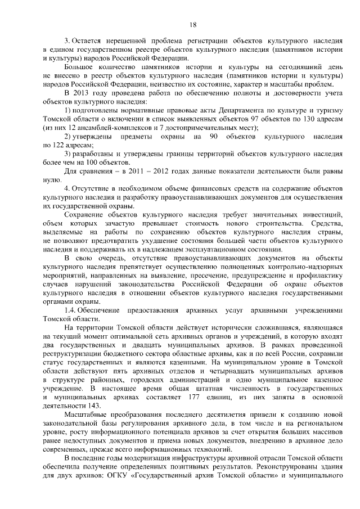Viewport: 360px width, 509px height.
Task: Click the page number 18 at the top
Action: [192, 25]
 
